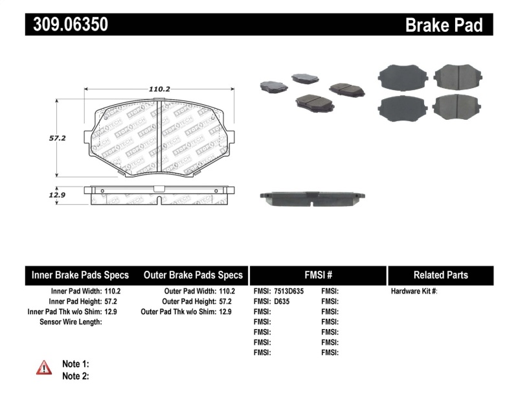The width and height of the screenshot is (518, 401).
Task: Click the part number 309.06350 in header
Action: point(67,25)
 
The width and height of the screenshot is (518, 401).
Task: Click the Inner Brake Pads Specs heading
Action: point(80,275)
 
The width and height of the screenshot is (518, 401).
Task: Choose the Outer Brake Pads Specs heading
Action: point(193,275)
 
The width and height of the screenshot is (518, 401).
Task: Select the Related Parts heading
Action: point(440,275)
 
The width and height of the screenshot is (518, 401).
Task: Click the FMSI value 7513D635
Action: point(289,292)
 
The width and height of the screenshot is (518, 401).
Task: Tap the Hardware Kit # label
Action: point(414,292)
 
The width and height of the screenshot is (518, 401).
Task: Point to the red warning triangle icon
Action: point(44,367)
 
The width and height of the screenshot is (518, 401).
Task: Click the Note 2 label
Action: point(75,376)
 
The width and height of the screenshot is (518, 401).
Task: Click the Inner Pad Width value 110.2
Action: point(112,292)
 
